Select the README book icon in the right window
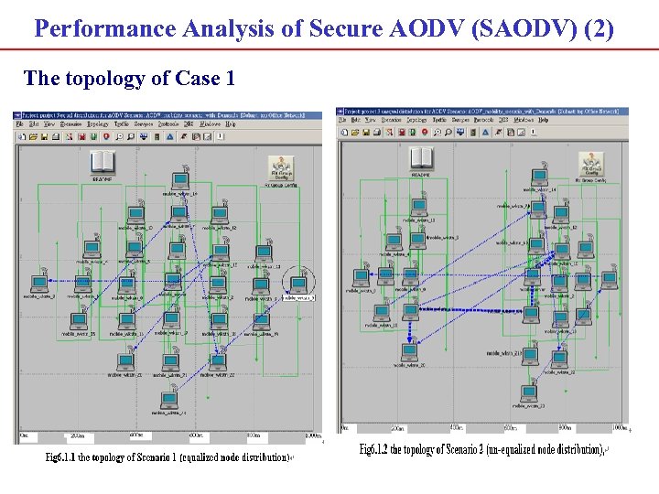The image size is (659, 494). click(422, 157)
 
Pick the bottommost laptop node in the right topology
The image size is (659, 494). click(528, 393)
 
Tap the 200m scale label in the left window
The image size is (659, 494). click(78, 436)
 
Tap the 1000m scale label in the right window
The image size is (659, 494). click(620, 427)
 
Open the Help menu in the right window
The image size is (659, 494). click(544, 120)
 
